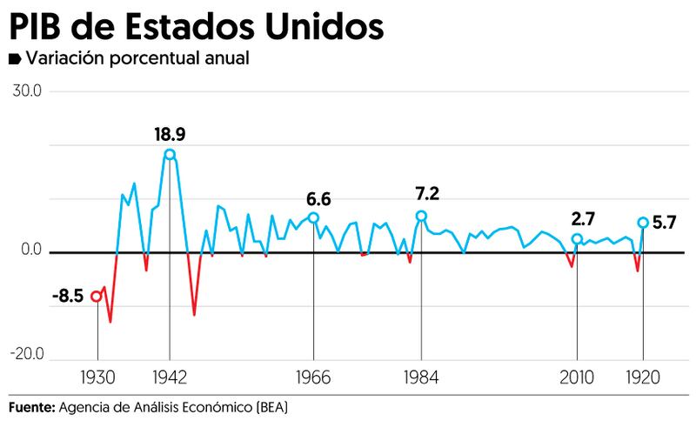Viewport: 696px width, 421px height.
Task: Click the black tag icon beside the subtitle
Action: (15, 60)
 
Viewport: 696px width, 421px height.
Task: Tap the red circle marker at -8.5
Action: (97, 296)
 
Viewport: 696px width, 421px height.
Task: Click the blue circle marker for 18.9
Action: (169, 155)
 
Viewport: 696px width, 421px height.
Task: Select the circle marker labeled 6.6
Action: (313, 217)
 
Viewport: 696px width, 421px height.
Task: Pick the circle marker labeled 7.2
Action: (421, 216)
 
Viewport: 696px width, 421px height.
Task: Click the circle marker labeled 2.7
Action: (577, 238)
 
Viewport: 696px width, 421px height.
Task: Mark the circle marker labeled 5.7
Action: (643, 223)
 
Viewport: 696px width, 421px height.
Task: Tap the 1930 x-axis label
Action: (97, 378)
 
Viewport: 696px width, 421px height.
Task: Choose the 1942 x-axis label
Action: (169, 378)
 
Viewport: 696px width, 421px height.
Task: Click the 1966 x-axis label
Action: (313, 378)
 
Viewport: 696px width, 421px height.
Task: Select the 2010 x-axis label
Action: (577, 378)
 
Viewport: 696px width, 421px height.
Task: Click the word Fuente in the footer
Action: (32, 407)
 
